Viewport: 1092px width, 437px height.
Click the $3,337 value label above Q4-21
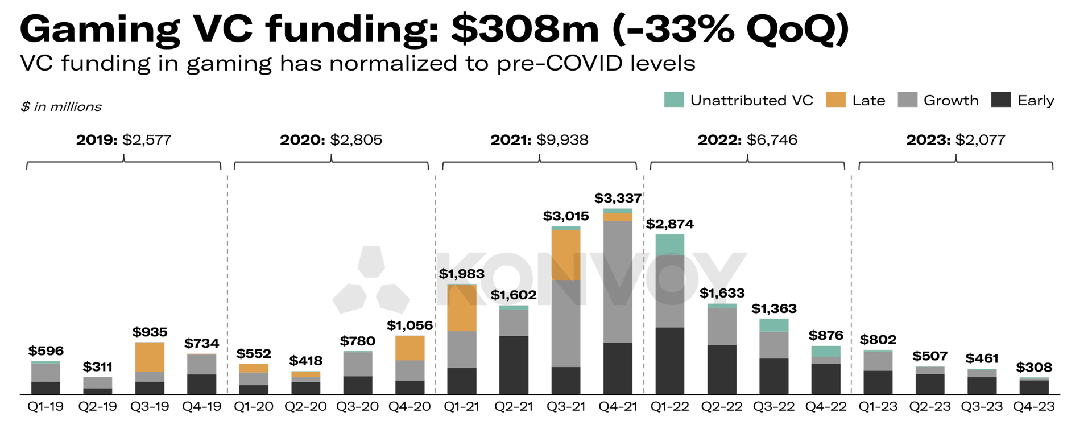618,199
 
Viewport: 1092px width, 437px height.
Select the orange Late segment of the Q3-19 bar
150,357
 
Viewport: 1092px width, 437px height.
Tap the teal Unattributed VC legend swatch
674,100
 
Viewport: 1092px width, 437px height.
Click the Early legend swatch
1000,100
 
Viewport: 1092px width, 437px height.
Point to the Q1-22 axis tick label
669,407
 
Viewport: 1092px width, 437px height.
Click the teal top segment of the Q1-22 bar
669,245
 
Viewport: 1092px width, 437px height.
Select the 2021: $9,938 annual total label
539,140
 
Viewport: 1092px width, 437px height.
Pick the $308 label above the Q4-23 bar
1034,368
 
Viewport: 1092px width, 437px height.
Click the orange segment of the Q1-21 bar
462,308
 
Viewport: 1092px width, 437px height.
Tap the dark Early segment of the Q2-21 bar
514,365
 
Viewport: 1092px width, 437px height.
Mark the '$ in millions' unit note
61,107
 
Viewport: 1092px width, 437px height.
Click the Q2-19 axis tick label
98,407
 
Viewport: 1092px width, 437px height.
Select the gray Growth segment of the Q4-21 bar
618,282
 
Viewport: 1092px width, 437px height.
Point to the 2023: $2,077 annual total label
955,140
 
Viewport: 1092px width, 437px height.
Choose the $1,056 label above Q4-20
409,325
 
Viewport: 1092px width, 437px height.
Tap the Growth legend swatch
907,100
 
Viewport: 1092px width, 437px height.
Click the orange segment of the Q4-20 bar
409,348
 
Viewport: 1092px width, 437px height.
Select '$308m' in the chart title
525,28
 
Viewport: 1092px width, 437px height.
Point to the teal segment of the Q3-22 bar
773,325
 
